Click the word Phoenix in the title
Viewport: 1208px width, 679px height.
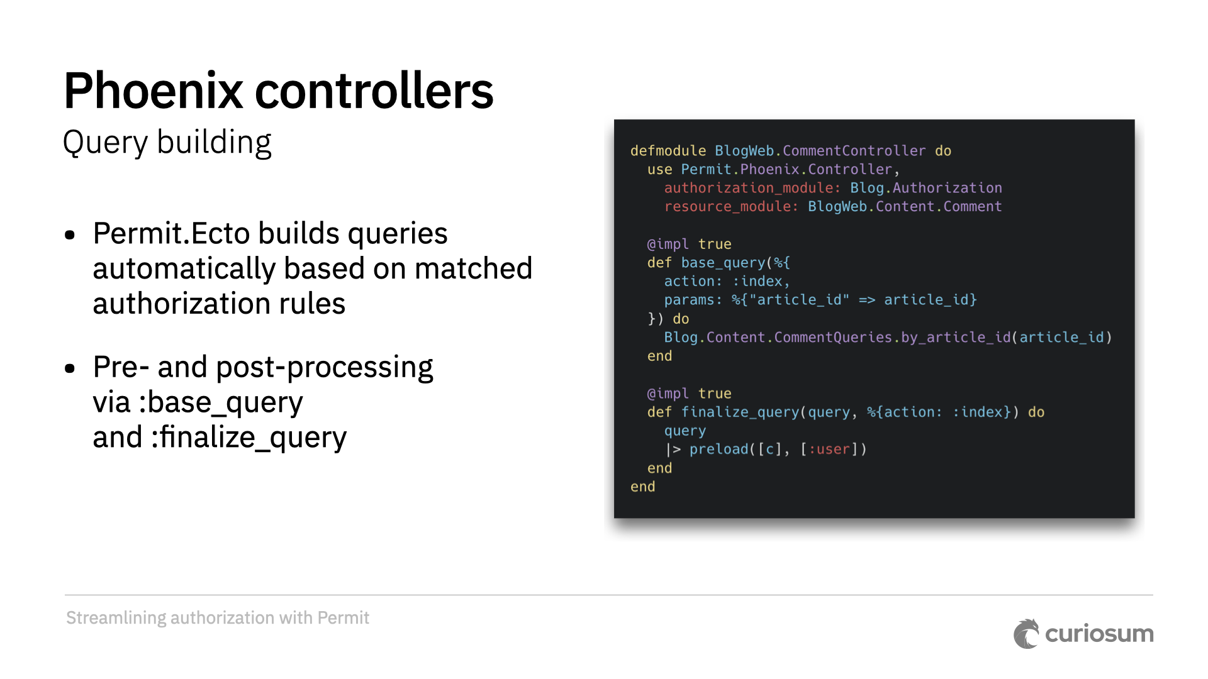tap(153, 91)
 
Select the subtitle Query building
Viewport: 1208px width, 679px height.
tap(167, 143)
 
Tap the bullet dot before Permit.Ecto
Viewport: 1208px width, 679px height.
tap(70, 235)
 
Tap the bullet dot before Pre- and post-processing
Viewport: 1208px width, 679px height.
tap(70, 368)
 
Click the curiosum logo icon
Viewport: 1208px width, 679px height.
tap(1026, 634)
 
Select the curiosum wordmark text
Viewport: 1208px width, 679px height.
tap(1099, 634)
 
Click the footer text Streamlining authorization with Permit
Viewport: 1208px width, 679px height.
tap(217, 618)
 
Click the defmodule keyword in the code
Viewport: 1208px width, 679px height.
tap(668, 151)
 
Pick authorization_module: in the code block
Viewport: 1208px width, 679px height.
tap(752, 188)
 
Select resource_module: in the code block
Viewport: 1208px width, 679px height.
tap(731, 207)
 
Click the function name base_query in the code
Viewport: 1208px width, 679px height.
tap(723, 263)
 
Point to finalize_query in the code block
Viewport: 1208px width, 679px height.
tap(740, 412)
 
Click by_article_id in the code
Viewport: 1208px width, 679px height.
tap(956, 338)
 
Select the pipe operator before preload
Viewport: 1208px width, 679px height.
tap(673, 450)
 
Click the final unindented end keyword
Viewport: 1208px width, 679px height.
tap(642, 487)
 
